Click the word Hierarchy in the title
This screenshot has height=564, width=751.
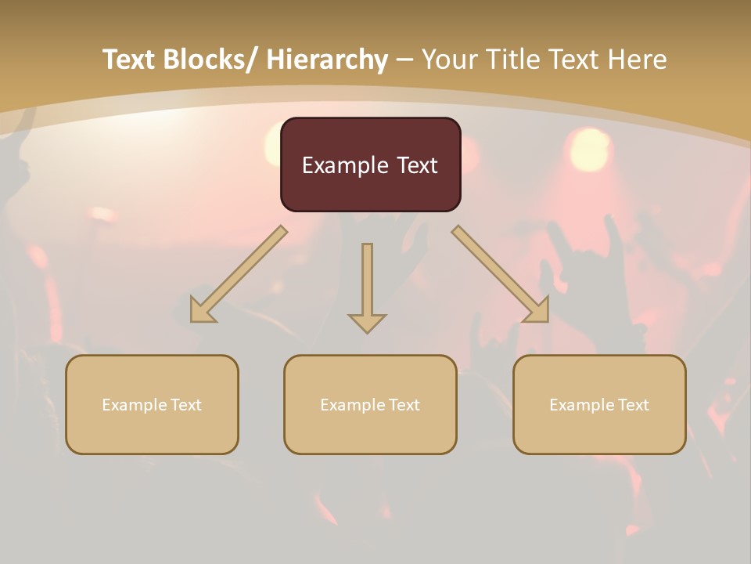point(327,60)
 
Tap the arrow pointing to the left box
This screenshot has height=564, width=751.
point(238,275)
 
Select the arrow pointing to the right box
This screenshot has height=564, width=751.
point(501,275)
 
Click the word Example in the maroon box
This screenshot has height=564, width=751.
point(345,165)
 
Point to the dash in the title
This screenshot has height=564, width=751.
point(404,60)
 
